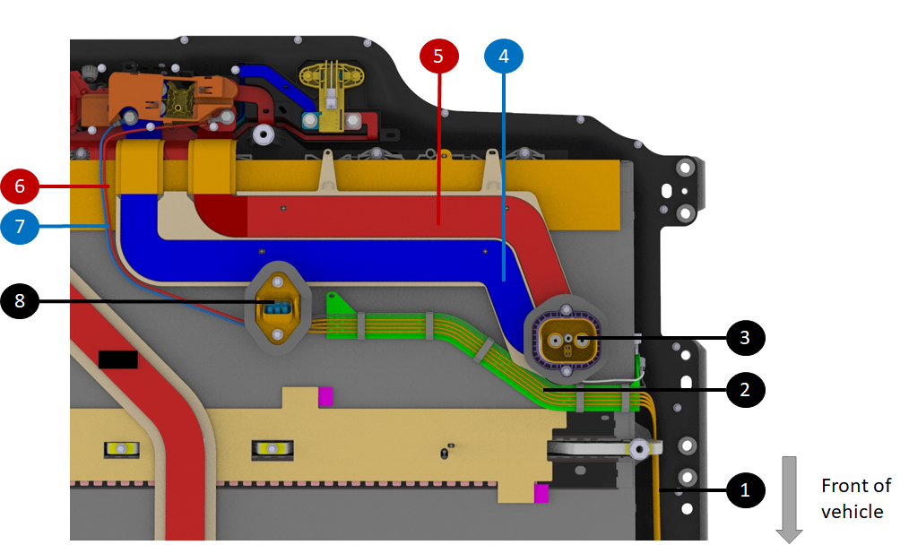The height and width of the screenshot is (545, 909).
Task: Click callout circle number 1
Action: pos(744,490)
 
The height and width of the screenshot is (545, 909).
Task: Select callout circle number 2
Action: pos(744,390)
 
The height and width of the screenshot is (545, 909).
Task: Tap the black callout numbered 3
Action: pos(744,338)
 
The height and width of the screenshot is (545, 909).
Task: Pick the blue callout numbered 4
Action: pos(503,56)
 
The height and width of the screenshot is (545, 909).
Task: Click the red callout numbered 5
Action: pos(438,56)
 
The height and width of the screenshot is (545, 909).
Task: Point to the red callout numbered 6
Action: pos(20,186)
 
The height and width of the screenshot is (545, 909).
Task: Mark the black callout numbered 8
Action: pos(20,302)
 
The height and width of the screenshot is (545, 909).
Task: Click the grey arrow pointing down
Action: pos(789,498)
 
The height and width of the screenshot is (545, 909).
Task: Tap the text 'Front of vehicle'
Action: pos(855,498)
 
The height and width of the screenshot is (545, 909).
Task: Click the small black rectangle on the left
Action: pos(117,359)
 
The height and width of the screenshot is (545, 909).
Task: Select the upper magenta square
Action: pos(325,394)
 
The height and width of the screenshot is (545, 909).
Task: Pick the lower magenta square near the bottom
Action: pos(541,492)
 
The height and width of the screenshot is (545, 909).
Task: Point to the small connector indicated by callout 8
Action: pos(277,308)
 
